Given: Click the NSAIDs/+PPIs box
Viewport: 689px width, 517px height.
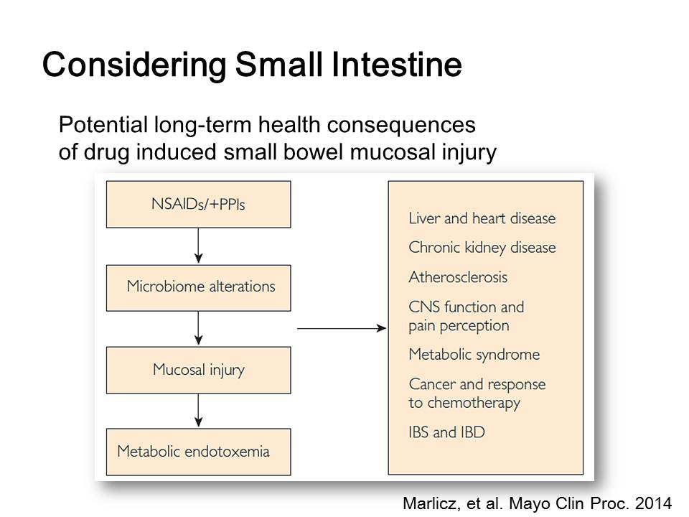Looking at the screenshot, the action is pyautogui.click(x=198, y=205).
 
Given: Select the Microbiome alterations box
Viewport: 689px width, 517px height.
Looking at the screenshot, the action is pyautogui.click(x=198, y=288).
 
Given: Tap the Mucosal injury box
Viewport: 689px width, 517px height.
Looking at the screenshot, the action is pyautogui.click(x=198, y=371).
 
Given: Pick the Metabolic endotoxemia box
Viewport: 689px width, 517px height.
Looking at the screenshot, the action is pyautogui.click(x=198, y=452).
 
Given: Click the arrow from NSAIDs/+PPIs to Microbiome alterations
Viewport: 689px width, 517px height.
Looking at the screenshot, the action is pyautogui.click(x=198, y=246).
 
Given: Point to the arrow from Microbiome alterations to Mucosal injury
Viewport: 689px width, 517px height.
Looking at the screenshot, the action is pyautogui.click(x=198, y=328).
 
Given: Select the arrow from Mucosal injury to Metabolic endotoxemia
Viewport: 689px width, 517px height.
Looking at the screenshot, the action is pyautogui.click(x=198, y=411).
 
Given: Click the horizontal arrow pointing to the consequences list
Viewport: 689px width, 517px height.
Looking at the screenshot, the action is pyautogui.click(x=342, y=328).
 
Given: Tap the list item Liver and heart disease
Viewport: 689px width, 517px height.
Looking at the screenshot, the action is pyautogui.click(x=482, y=218).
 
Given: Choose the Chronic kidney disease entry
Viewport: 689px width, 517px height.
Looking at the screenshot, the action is pyautogui.click(x=482, y=248).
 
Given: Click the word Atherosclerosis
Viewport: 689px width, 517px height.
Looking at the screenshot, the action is pyautogui.click(x=458, y=277).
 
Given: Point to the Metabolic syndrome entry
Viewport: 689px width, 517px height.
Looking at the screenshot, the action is pyautogui.click(x=474, y=355).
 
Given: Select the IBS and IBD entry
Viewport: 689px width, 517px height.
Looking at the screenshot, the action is pyautogui.click(x=447, y=432).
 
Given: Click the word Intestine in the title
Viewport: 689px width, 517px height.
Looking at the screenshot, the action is pyautogui.click(x=397, y=65).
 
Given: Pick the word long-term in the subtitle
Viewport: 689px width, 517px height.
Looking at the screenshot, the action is pyautogui.click(x=202, y=125).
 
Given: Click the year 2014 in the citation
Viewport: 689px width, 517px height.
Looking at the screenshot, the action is pyautogui.click(x=654, y=503).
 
